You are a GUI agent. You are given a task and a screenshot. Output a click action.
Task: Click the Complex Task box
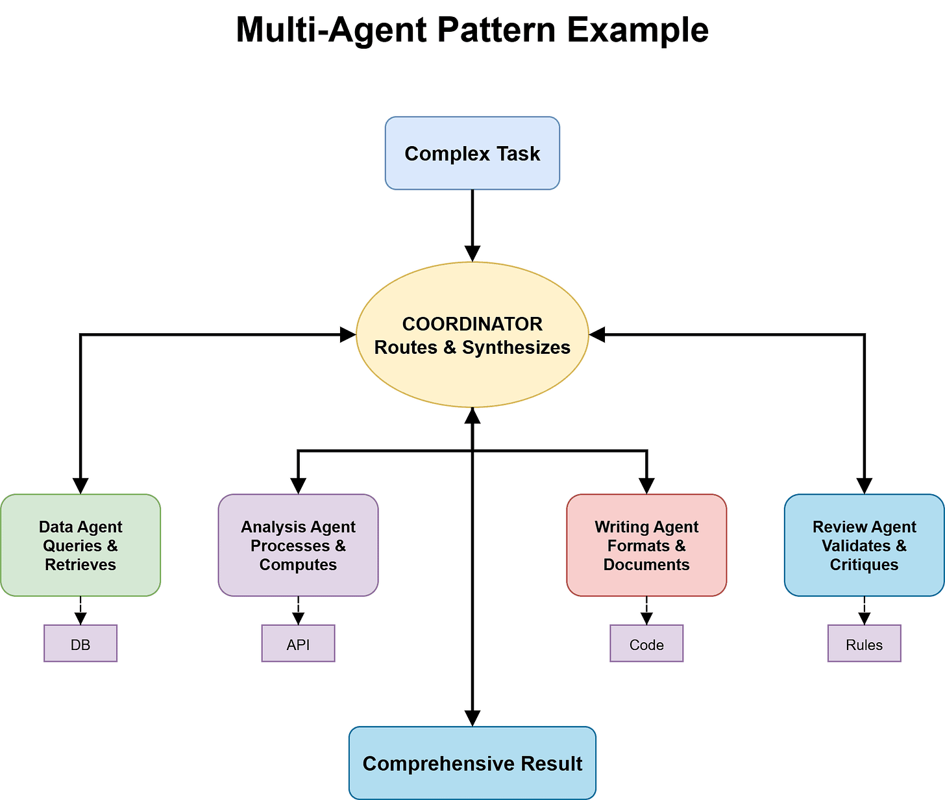pos(472,153)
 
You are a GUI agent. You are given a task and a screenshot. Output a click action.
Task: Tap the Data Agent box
pos(80,545)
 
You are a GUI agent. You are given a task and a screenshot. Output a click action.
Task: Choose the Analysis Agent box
pos(298,545)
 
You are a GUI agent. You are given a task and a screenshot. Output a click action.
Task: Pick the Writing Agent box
pos(646,545)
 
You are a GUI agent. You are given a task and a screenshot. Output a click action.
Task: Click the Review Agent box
pos(864,545)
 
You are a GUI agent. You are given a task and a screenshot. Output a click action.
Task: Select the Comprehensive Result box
pos(472,763)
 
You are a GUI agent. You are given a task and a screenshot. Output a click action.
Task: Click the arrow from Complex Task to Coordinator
pos(472,221)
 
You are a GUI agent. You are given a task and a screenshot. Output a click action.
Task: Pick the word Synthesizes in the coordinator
pos(516,348)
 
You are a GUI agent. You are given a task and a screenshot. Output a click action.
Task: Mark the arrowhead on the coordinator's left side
pos(349,334)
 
